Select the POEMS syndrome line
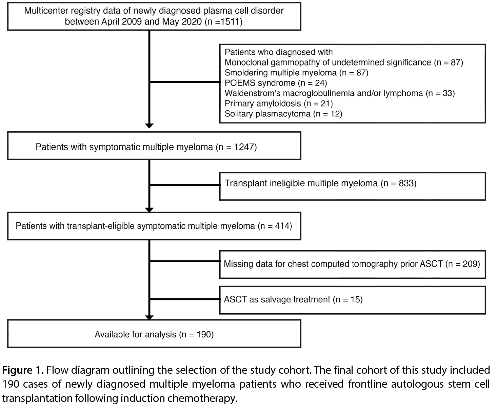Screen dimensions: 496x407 pyautogui.click(x=276, y=83)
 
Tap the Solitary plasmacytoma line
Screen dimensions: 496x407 pyautogui.click(x=283, y=114)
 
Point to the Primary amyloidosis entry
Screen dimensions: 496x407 pyautogui.click(x=279, y=104)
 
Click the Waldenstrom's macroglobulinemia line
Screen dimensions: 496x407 pyautogui.click(x=340, y=93)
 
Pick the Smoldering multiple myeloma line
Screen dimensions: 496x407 pyautogui.click(x=296, y=73)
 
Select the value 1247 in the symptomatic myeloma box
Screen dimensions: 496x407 pyautogui.click(x=244, y=147)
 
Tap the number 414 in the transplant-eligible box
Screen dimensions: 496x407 pyautogui.click(x=282, y=226)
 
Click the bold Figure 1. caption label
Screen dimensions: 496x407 pyautogui.click(x=23, y=370)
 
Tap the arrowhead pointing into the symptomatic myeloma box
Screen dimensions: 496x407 pyautogui.click(x=149, y=126)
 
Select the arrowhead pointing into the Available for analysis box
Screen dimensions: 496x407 pyautogui.click(x=149, y=317)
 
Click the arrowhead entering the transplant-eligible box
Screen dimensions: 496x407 pyautogui.click(x=149, y=210)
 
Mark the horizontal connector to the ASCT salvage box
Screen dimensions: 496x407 pyautogui.click(x=185, y=299)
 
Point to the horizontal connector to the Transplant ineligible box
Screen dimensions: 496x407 pyautogui.click(x=185, y=185)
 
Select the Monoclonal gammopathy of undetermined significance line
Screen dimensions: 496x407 pyautogui.click(x=344, y=62)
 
